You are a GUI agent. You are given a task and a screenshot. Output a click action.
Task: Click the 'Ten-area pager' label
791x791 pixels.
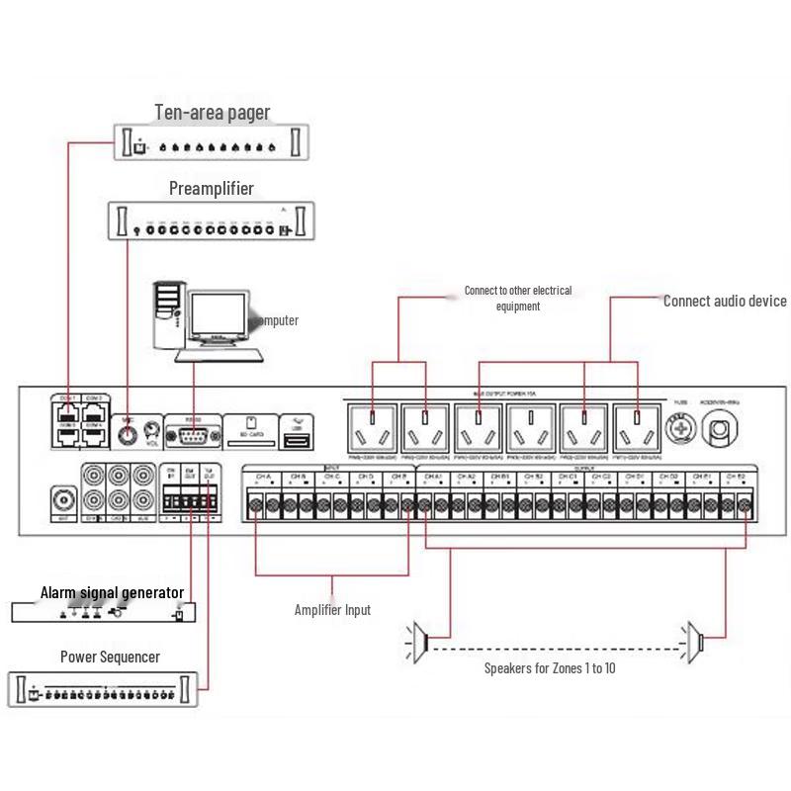pyautogui.click(x=212, y=113)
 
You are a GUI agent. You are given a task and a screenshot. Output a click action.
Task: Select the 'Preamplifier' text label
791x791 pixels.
pyautogui.click(x=211, y=188)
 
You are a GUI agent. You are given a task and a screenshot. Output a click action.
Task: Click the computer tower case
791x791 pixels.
pyautogui.click(x=167, y=311)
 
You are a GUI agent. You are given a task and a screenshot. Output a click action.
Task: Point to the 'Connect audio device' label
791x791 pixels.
pyautogui.click(x=724, y=301)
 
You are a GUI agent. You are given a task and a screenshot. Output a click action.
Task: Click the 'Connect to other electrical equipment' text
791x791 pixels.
pyautogui.click(x=518, y=299)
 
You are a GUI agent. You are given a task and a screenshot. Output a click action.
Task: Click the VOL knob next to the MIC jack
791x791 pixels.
pyautogui.click(x=151, y=429)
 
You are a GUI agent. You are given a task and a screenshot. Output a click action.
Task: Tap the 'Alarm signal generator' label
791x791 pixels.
pyautogui.click(x=112, y=593)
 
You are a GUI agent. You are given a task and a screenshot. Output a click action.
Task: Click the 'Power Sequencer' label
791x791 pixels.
pyautogui.click(x=110, y=657)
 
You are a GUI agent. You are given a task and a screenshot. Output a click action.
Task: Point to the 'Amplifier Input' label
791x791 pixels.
pyautogui.click(x=332, y=610)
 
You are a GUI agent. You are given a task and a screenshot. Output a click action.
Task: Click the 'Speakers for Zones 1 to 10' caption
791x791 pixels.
pyautogui.click(x=549, y=668)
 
